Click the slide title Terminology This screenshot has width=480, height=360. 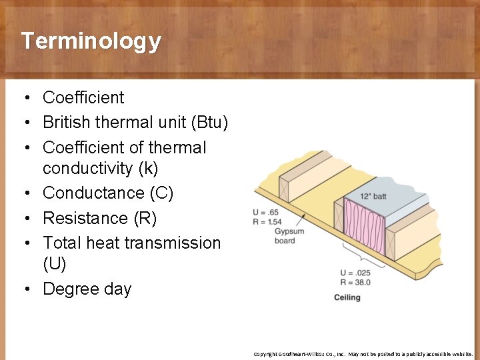coord(91,41)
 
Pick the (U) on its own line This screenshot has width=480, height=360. coord(54,265)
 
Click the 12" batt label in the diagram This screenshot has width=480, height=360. coord(373,196)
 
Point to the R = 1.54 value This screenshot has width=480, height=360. coord(267,221)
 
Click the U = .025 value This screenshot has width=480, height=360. coord(355,273)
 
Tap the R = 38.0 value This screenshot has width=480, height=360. coord(355,282)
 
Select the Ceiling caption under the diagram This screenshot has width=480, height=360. coord(347,297)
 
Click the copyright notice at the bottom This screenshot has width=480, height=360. coord(363,353)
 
